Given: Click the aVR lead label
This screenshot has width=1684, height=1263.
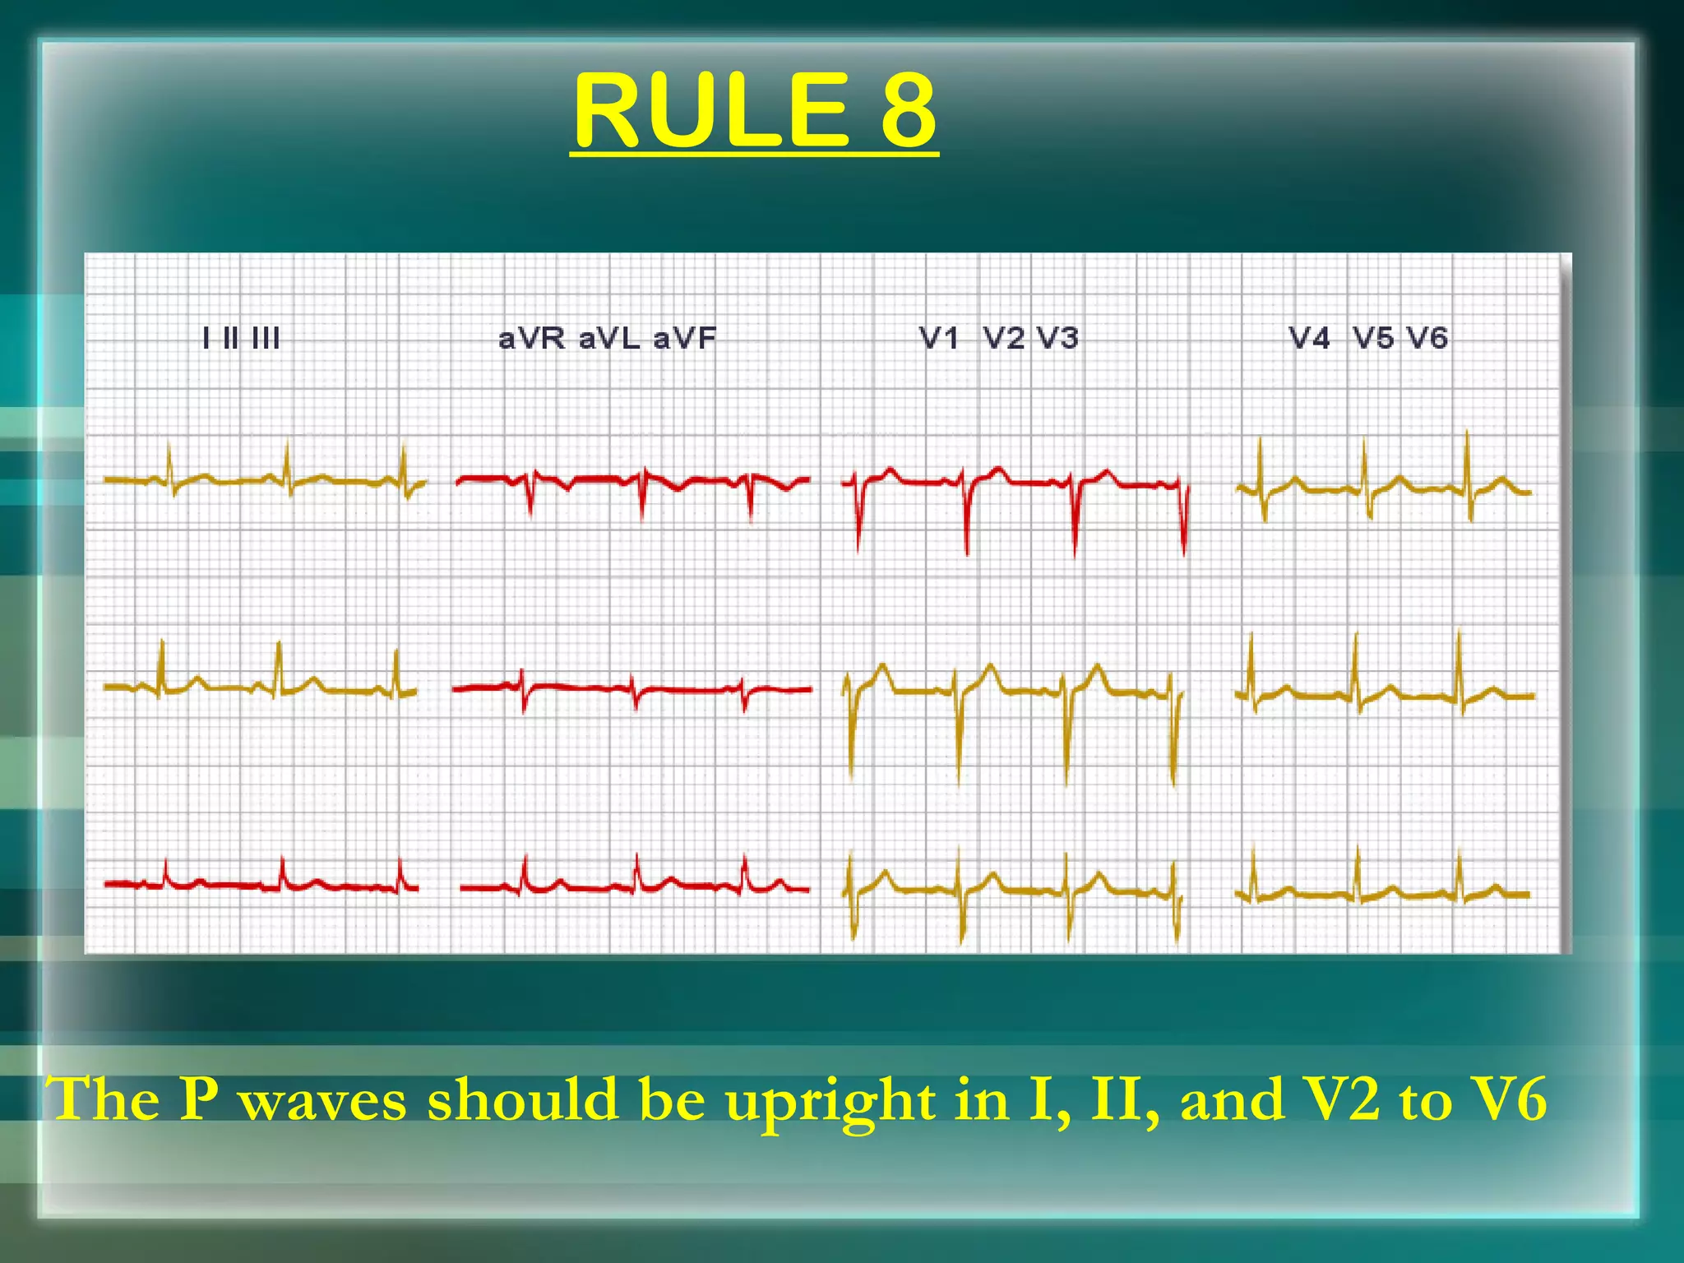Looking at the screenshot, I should click(531, 339).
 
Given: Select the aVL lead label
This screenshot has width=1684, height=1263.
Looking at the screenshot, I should click(609, 339).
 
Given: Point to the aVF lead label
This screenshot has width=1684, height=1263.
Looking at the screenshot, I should click(685, 339).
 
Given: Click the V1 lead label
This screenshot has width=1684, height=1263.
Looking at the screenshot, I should click(939, 338).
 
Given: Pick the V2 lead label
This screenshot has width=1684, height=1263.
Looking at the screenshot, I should click(1004, 338).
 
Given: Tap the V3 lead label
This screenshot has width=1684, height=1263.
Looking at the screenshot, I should click(1057, 338).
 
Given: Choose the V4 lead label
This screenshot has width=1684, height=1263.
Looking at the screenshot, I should click(1309, 338).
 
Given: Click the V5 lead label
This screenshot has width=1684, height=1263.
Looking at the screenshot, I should click(1374, 338).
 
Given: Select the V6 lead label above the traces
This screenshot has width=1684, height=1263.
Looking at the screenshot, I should click(1427, 338).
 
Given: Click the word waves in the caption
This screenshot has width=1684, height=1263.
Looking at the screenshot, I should click(322, 1100).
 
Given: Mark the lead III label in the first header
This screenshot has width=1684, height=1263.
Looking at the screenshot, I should click(266, 339).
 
